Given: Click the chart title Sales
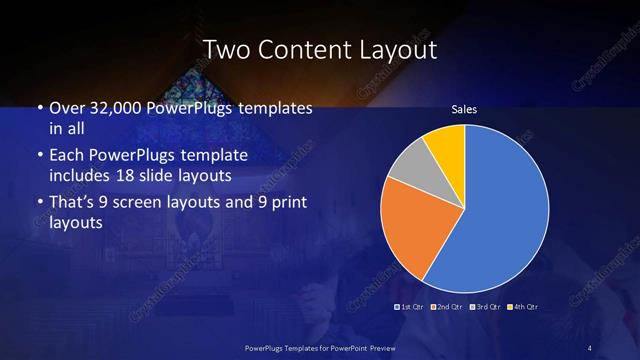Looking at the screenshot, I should pyautogui.click(x=463, y=110).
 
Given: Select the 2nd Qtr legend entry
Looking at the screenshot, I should pyautogui.click(x=447, y=306).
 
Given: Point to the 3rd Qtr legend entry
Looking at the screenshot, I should pyautogui.click(x=486, y=306).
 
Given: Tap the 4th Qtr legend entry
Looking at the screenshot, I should pyautogui.click(x=524, y=306).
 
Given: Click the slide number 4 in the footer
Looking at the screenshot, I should pyautogui.click(x=590, y=347).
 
